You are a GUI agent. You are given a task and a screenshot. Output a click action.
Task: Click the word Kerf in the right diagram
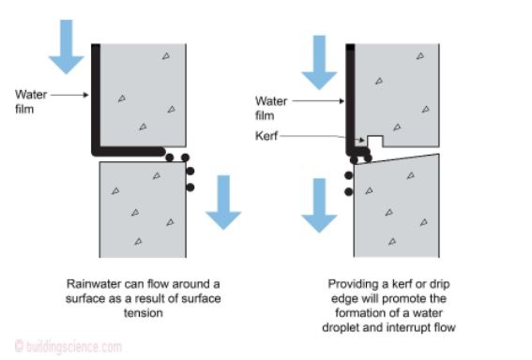tap(266, 136)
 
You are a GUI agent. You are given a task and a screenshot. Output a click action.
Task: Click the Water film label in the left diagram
tap(31, 101)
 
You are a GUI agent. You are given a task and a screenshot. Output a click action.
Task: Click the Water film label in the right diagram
tap(271, 108)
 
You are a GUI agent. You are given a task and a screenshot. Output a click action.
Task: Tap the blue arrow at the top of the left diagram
tap(67, 47)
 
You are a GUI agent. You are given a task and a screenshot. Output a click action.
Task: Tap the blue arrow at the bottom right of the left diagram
tap(223, 202)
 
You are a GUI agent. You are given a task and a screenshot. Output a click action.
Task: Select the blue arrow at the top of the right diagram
tap(319, 63)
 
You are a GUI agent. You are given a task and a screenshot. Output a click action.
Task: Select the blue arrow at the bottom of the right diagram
tap(319, 205)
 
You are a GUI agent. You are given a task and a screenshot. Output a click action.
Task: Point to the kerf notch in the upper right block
tap(375, 141)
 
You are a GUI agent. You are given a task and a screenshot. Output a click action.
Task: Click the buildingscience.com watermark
tap(68, 347)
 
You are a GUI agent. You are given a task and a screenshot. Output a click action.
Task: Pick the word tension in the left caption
tap(144, 312)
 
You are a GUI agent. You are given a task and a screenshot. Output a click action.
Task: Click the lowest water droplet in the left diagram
tap(190, 187)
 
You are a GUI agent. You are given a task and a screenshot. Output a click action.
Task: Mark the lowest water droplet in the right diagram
tap(348, 192)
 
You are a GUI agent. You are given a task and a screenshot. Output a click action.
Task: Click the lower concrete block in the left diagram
tap(143, 209)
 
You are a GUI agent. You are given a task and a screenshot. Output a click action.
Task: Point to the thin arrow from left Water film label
tap(69, 95)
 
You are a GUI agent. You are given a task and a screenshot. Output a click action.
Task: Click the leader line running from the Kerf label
tap(323, 137)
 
